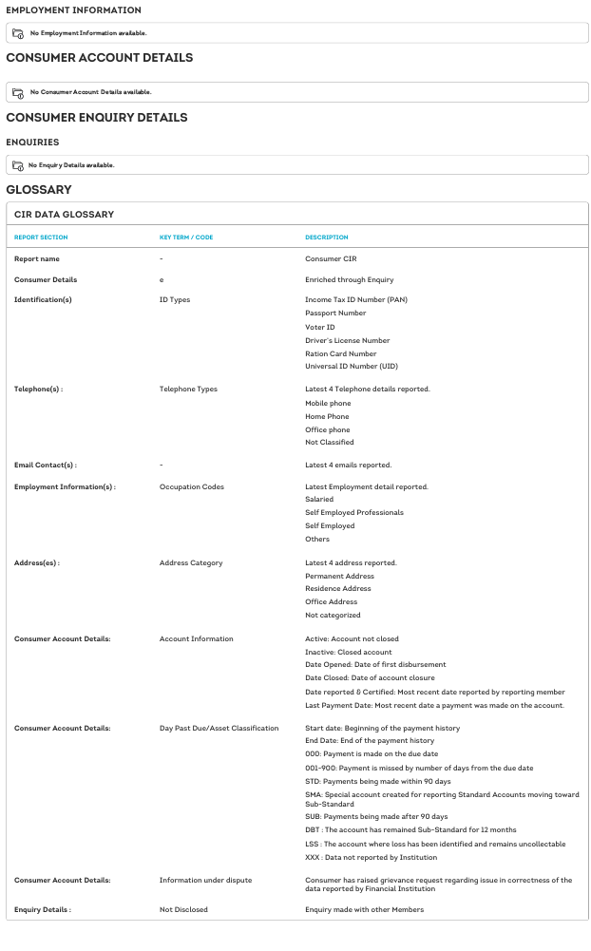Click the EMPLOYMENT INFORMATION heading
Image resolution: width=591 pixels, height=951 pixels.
click(73, 10)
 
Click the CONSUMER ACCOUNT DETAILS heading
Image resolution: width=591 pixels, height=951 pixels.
click(99, 58)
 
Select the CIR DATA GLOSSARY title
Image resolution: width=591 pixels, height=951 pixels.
click(64, 215)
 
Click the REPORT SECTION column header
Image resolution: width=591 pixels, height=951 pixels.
click(41, 238)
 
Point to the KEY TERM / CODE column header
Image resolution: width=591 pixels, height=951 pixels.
click(186, 238)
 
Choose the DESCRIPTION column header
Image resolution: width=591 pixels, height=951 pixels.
click(326, 238)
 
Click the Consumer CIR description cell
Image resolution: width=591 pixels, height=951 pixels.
click(331, 258)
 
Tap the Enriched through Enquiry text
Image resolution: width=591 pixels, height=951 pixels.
click(349, 279)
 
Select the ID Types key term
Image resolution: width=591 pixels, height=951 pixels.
click(175, 299)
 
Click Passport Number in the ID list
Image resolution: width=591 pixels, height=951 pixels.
click(335, 313)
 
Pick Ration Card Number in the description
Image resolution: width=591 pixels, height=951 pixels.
click(340, 353)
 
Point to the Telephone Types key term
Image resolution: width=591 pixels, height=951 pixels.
click(188, 389)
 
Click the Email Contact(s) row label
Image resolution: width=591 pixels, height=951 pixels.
click(45, 465)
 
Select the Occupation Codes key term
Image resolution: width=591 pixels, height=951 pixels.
click(191, 486)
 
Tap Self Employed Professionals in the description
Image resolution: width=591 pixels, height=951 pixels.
click(353, 512)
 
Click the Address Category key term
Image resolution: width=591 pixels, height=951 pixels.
click(191, 562)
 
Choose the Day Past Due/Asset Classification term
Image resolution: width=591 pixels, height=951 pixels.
click(219, 728)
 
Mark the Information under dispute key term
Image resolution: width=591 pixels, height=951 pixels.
click(205, 880)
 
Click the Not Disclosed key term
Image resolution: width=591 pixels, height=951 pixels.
click(183, 909)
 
